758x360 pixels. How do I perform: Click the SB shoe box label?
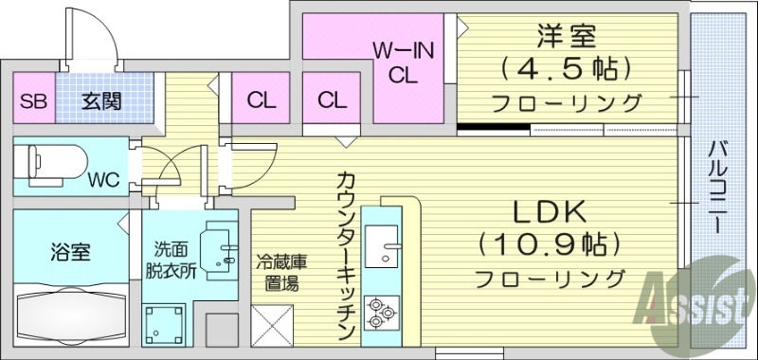tap(32, 102)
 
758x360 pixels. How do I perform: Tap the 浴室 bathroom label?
tap(69, 252)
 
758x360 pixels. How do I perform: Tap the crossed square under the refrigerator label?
tap(278, 327)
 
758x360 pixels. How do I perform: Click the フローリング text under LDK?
tap(550, 279)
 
